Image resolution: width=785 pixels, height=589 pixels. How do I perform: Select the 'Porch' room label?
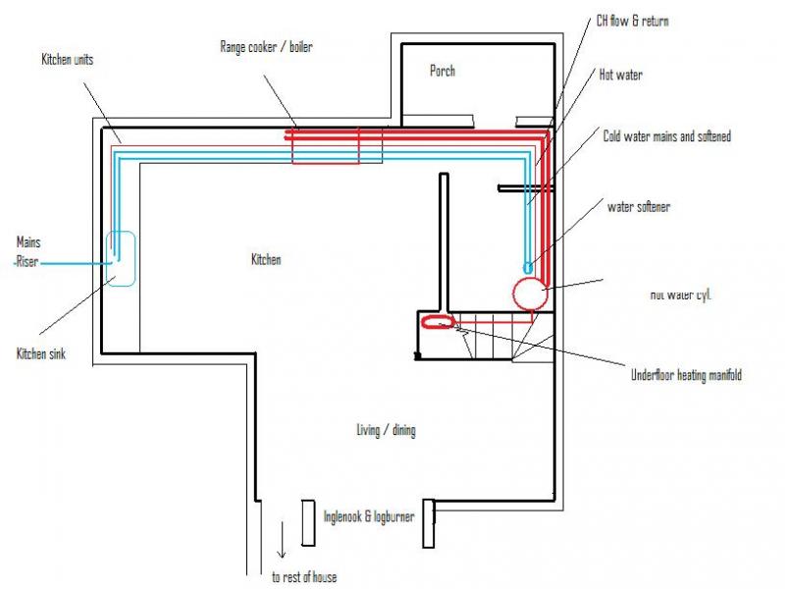click(x=443, y=71)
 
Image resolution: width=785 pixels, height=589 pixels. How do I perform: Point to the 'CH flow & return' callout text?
click(x=633, y=21)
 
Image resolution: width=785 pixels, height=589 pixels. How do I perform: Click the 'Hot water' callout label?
click(x=621, y=75)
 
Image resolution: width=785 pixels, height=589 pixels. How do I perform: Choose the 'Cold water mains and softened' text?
click(x=666, y=136)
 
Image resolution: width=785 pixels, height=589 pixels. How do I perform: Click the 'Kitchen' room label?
click(x=266, y=260)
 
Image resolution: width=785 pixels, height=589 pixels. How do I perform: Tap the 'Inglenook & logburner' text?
click(x=369, y=515)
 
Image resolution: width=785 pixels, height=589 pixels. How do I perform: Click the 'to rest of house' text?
click(x=303, y=577)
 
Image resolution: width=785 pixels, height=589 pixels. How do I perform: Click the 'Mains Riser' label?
click(x=30, y=251)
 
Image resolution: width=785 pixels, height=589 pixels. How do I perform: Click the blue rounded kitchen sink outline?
click(x=121, y=258)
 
